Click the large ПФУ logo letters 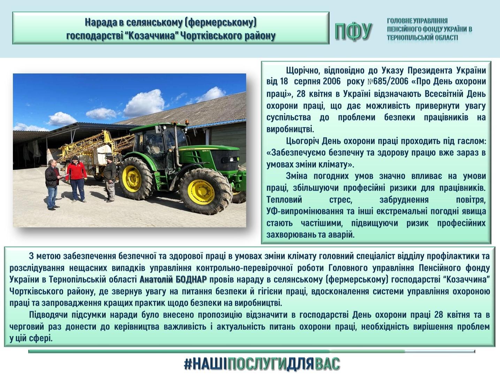[x=353, y=32]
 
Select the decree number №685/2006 [x=388, y=81]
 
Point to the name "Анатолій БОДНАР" [x=173, y=280]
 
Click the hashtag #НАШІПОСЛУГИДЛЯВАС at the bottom [x=262, y=363]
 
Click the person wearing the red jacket [x=77, y=179]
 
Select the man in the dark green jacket [x=110, y=179]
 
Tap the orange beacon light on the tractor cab [x=187, y=123]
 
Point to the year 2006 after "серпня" [x=332, y=81]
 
